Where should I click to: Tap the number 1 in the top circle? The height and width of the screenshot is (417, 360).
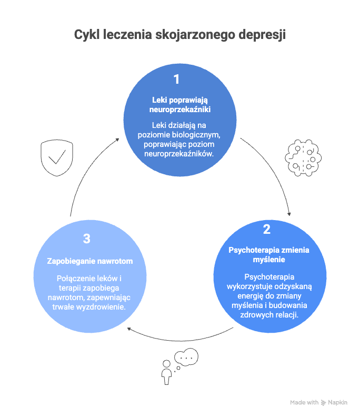176,80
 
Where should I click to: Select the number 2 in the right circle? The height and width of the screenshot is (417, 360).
267,229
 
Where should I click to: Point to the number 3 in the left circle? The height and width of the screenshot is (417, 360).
87,239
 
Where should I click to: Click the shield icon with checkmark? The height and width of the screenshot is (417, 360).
57,158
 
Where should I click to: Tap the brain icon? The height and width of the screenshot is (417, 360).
303,158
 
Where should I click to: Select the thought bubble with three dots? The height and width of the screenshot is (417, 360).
186,357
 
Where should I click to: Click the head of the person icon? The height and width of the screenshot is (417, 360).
166,363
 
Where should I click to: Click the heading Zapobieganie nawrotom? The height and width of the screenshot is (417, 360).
90,261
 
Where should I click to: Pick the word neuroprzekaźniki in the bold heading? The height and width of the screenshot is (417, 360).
180,110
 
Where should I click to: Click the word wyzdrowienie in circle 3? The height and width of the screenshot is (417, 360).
101,307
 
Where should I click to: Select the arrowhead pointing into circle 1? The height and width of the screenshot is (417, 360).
117,140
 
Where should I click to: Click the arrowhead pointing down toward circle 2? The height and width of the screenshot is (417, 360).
289,214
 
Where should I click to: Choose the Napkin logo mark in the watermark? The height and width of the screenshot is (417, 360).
323,403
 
